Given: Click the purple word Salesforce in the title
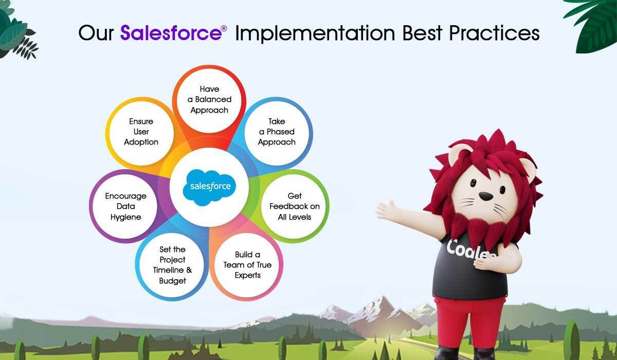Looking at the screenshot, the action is [171, 33].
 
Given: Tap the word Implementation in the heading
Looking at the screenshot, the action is [315, 34].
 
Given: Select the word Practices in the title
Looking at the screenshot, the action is [494, 33].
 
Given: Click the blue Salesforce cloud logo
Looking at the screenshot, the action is [209, 187].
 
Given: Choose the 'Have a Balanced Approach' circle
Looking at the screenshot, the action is [209, 100].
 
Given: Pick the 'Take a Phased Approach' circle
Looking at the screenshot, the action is [277, 133].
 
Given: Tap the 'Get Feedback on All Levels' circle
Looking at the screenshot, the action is [294, 206].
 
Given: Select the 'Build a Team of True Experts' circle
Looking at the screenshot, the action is [247, 265].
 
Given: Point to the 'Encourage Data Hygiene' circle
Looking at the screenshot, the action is [125, 206].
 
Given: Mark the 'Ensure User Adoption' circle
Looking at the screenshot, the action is [141, 132].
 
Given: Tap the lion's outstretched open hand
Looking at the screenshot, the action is [386, 209].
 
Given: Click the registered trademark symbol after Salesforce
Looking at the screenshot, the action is [224, 28].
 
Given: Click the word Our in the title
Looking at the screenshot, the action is [96, 33].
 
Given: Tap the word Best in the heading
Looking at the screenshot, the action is [422, 33].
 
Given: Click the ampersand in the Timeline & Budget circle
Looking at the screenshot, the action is [189, 270].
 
